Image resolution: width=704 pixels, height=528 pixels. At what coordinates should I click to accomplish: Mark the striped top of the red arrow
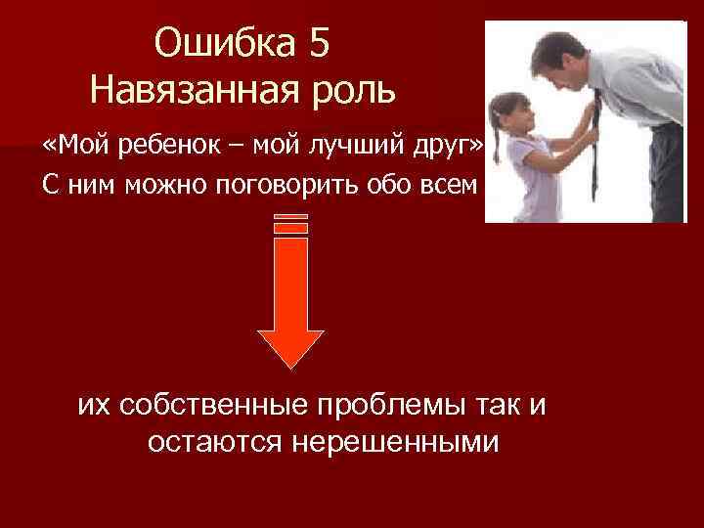pos(291,224)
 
